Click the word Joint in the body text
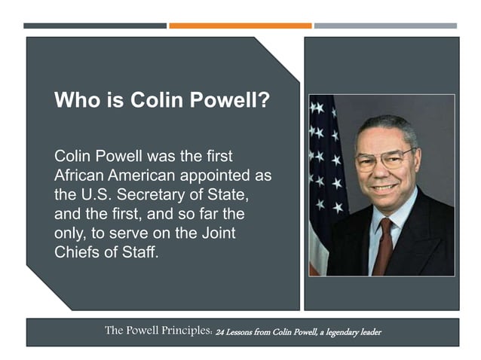pos(218,233)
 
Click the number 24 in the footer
pos(221,333)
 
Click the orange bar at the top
pos(240,26)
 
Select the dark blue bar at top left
pos(95,26)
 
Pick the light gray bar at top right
pos(385,26)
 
